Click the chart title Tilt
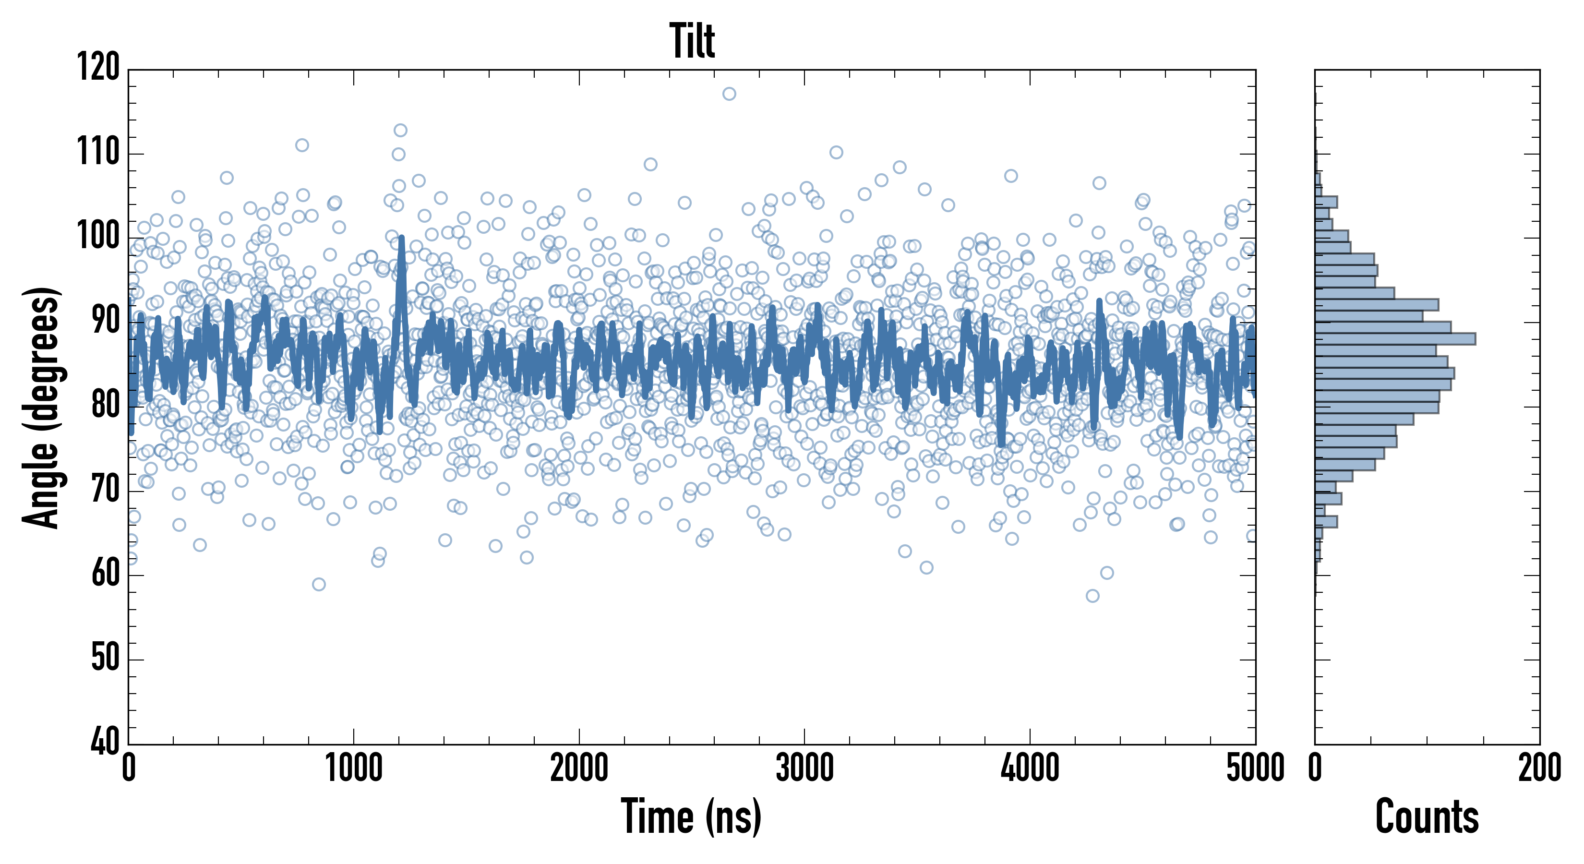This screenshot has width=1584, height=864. coord(692,41)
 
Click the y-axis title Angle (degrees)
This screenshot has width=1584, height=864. coord(41,407)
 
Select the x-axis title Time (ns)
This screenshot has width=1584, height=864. coord(691,816)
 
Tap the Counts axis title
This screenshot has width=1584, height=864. coord(1427,816)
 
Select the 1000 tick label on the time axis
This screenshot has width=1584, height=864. coord(354,768)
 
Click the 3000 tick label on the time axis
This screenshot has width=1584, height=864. coord(804,768)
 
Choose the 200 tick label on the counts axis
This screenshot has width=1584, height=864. coord(1539,768)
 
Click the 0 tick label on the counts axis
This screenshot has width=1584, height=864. coord(1315,768)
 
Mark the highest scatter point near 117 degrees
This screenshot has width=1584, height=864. coord(729,94)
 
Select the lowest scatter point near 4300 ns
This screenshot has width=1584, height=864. coord(1092,596)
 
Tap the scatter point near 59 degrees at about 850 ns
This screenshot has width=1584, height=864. coord(319,584)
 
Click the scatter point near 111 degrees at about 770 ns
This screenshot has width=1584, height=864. coord(302,145)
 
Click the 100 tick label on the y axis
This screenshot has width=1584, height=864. coord(98,236)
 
